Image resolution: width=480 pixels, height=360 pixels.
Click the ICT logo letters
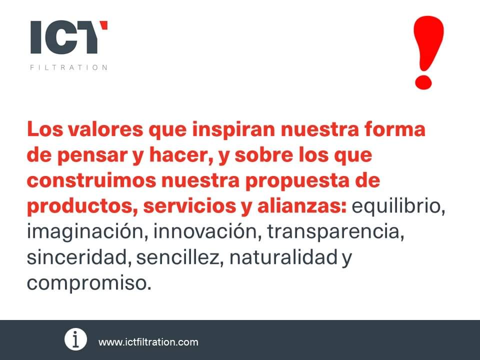(x=69, y=37)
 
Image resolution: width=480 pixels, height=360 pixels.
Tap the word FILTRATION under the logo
(x=69, y=67)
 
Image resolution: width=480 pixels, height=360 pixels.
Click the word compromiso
(x=88, y=283)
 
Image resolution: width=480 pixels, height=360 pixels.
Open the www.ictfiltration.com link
(x=148, y=342)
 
